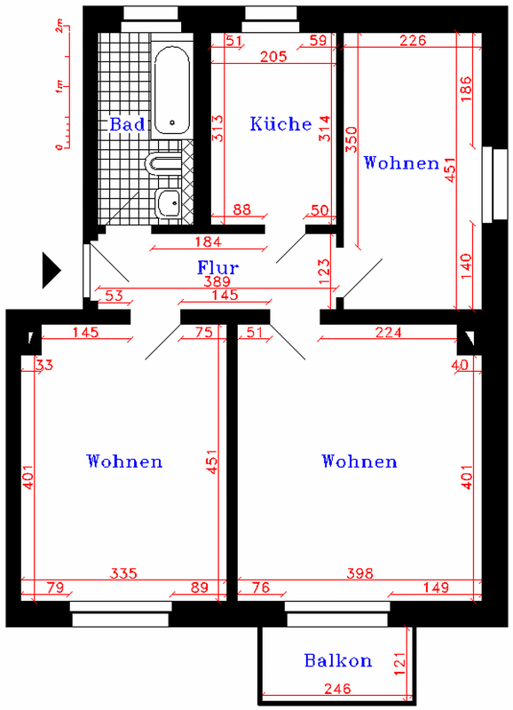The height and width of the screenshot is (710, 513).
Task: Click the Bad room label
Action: (127, 124)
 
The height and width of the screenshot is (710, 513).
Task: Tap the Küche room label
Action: (280, 123)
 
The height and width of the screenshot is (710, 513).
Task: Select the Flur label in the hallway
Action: (217, 268)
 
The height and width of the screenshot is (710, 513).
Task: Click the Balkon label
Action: (338, 660)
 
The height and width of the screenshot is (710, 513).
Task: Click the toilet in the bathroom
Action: (163, 163)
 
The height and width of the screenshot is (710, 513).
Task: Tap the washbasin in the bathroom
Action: (169, 204)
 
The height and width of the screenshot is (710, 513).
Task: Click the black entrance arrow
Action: (51, 271)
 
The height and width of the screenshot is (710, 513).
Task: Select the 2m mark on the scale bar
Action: (59, 28)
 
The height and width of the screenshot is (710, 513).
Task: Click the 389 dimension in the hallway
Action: (217, 281)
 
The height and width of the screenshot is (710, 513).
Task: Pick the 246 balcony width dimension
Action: (337, 689)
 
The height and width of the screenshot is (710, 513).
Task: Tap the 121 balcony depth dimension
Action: (399, 664)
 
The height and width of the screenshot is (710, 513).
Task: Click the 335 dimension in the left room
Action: (123, 573)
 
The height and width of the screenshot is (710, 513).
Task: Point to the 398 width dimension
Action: (360, 573)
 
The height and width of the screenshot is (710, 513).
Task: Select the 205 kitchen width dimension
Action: (273, 56)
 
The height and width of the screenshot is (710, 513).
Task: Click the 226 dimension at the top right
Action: (413, 40)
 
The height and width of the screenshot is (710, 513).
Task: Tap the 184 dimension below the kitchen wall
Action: (209, 241)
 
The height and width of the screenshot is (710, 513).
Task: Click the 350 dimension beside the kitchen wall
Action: (351, 139)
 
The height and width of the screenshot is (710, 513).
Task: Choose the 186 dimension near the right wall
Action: (466, 89)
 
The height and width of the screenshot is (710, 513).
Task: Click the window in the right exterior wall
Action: (495, 185)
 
